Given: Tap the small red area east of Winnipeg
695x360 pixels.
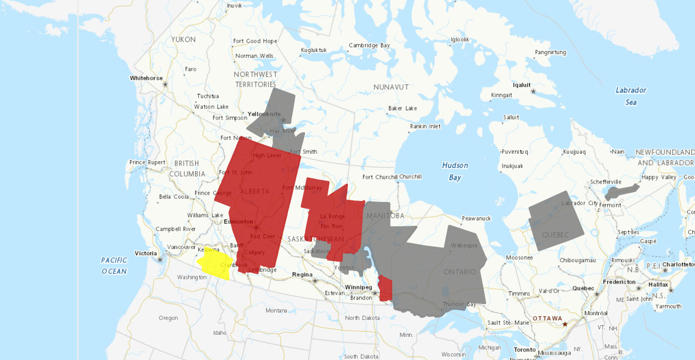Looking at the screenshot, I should [x=386, y=289].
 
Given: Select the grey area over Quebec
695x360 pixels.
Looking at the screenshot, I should [x=556, y=222].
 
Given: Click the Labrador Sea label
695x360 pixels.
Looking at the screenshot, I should [x=631, y=96].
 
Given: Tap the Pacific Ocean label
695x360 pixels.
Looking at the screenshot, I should [x=114, y=266].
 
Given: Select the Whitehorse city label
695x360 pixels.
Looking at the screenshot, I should [x=146, y=78].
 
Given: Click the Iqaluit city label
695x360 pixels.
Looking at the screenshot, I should [x=521, y=85].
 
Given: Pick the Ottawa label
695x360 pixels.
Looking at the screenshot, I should [x=547, y=318].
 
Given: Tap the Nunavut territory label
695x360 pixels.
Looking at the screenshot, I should [x=391, y=87].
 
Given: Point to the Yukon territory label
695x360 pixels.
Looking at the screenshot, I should [x=183, y=39].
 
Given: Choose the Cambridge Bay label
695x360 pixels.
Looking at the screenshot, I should [x=369, y=45].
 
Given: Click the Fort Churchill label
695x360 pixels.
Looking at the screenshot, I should [x=380, y=177].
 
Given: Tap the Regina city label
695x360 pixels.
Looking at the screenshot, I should [x=302, y=274].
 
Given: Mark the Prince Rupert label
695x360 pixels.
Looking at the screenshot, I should [x=147, y=162].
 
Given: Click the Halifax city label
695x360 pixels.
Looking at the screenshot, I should [x=658, y=285].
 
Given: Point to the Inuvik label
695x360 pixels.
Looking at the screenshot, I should [x=234, y=6].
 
